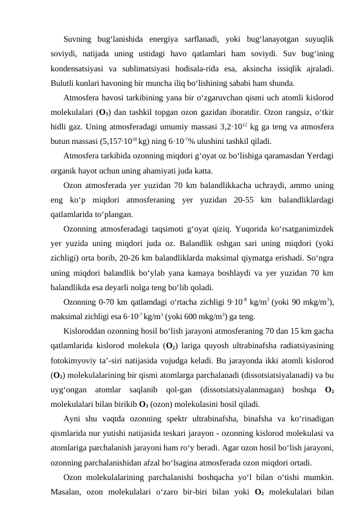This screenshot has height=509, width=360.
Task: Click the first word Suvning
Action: (79, 39)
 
